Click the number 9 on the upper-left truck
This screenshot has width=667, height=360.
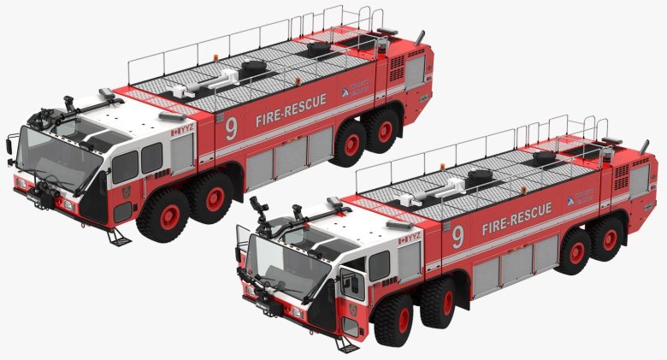(x=231, y=128)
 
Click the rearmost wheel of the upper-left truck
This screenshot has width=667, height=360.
(x=384, y=131)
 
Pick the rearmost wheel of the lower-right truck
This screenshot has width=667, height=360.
(x=608, y=238)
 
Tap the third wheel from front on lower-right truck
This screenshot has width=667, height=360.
(x=574, y=251)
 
